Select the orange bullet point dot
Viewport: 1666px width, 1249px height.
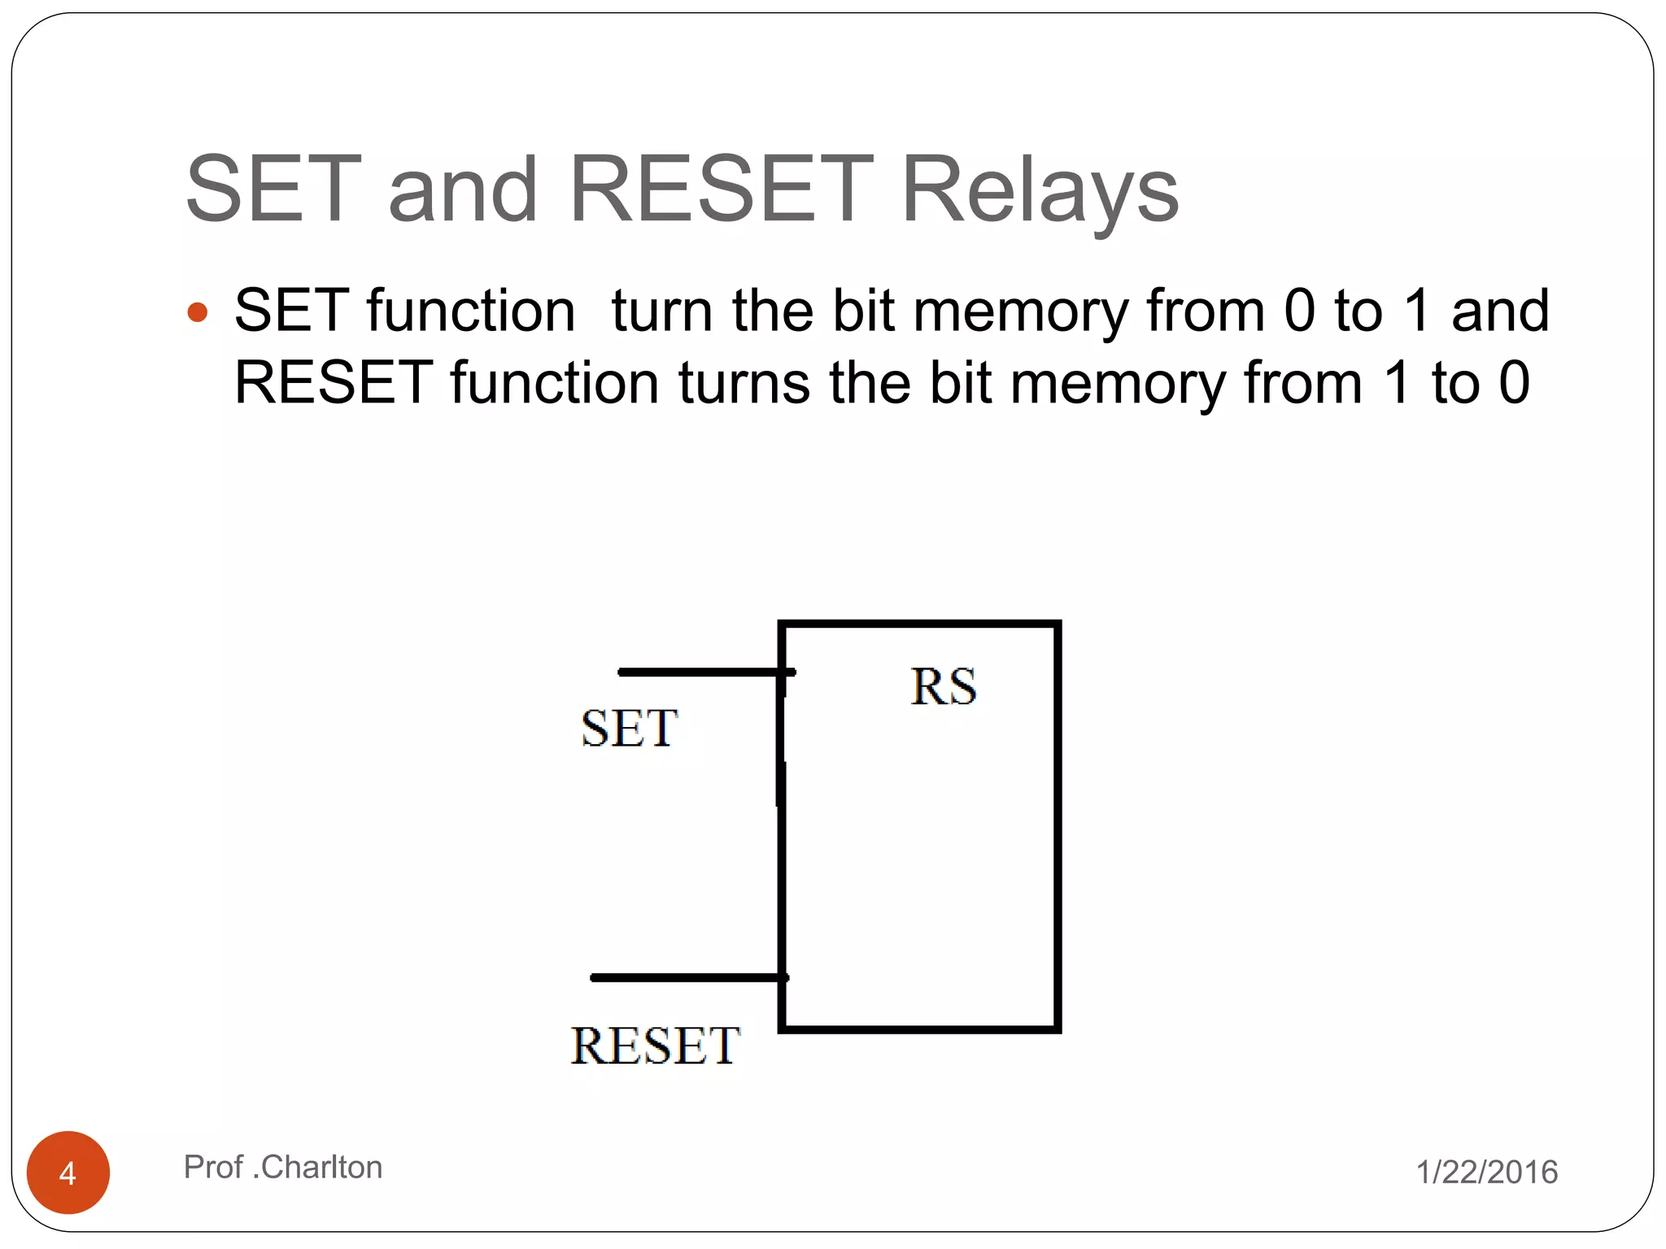coord(198,313)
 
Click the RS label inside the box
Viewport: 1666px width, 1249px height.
coord(943,687)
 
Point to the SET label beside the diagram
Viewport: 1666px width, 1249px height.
coord(629,728)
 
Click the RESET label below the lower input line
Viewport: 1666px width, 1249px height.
coord(655,1046)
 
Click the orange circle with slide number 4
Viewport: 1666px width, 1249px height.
coord(68,1173)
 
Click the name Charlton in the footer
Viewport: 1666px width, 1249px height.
coord(321,1168)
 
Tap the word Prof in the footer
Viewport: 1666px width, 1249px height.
coord(213,1168)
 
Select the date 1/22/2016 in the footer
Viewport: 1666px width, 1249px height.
coord(1487,1173)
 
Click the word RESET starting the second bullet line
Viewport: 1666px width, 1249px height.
coord(334,383)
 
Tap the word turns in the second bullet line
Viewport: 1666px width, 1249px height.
coord(744,383)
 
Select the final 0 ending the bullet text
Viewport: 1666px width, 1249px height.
coord(1514,383)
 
